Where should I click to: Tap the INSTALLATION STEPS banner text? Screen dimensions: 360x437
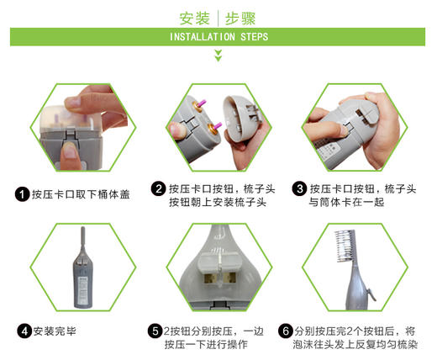[x=218, y=38]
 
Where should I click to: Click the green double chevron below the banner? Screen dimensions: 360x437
[x=218, y=56]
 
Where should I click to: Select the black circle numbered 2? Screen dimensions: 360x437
[x=158, y=188]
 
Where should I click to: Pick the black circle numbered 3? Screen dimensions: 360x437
[x=299, y=188]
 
